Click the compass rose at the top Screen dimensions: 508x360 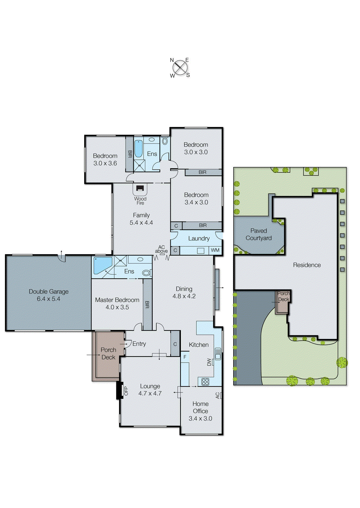point(180,67)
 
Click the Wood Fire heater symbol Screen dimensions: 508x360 point(140,188)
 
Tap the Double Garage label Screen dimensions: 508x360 point(49,291)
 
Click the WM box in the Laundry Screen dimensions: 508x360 point(215,250)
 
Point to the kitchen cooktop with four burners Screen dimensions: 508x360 point(205,382)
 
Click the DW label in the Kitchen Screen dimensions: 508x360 point(209,362)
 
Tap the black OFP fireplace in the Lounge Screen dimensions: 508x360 point(120,390)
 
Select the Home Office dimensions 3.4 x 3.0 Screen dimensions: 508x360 point(200,418)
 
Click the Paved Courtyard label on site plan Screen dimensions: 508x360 point(258,234)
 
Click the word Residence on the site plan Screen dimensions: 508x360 point(307,265)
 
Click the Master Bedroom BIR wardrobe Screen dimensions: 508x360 point(147,304)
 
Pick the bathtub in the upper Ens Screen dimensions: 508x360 point(139,149)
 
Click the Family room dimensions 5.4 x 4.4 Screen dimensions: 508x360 point(141,223)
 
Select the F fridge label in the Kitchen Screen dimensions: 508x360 point(185,357)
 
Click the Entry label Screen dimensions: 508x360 point(139,344)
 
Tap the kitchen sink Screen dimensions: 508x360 point(218,354)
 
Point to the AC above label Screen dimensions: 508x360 point(161,249)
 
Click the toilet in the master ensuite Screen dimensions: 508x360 point(146,273)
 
